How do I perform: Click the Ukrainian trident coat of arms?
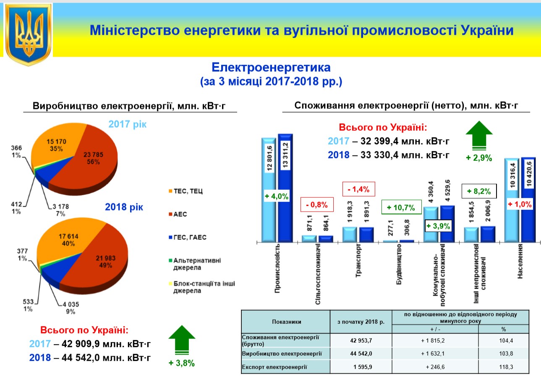click(29, 34)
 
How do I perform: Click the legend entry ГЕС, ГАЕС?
click(188, 238)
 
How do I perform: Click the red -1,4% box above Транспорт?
click(358, 189)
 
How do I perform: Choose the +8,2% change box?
click(479, 191)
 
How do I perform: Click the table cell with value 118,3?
click(504, 367)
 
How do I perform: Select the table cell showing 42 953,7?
click(361, 341)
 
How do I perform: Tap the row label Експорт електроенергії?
click(274, 367)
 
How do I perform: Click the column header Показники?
click(286, 322)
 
